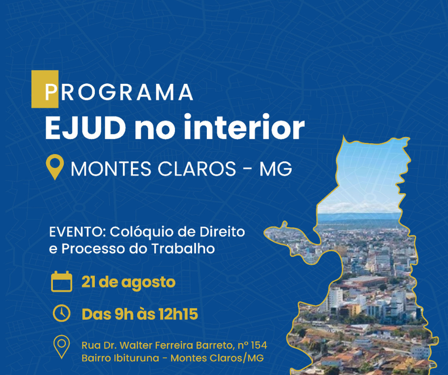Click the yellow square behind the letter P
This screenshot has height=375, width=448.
[45, 89]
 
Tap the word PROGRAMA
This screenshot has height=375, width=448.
[119, 92]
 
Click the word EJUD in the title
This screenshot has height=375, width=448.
[85, 127]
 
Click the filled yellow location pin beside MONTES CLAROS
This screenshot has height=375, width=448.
[55, 167]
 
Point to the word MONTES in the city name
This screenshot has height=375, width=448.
[111, 168]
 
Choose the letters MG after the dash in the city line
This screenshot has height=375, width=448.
[276, 168]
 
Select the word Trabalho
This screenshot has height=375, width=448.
[183, 248]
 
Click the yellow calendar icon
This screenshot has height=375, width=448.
[61, 281]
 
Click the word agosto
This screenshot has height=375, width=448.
[149, 283]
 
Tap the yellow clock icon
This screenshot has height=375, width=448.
[61, 313]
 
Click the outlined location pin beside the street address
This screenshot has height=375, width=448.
[61, 347]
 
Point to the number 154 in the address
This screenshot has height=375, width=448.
[259, 345]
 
